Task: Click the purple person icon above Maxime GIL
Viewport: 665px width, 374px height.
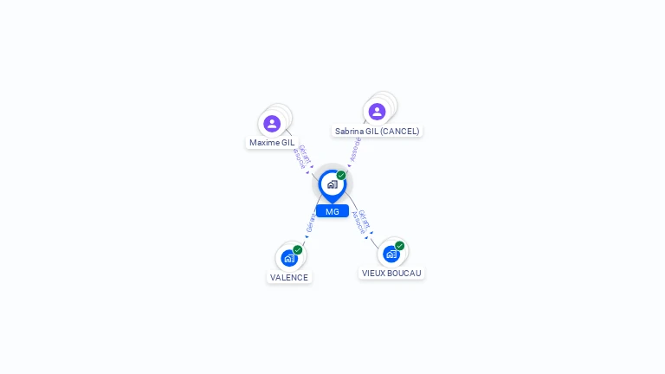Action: click(x=272, y=124)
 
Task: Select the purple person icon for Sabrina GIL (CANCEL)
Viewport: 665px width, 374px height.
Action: click(x=377, y=112)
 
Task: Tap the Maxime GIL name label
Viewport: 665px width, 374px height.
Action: click(x=272, y=143)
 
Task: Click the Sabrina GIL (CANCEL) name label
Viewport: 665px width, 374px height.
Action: click(x=377, y=132)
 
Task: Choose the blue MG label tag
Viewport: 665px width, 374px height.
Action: click(x=332, y=211)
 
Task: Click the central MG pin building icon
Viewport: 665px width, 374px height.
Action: click(x=332, y=184)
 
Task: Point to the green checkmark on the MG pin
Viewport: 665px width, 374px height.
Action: click(x=341, y=176)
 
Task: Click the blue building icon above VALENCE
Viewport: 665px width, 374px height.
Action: click(x=288, y=258)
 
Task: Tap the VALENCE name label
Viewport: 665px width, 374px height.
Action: click(x=288, y=278)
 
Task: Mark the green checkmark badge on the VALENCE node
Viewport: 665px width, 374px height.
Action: click(x=298, y=250)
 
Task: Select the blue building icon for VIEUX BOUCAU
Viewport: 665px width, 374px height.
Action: click(x=391, y=254)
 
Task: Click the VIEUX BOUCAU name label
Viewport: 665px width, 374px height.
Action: click(x=391, y=274)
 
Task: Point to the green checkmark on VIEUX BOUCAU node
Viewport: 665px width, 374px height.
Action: click(x=400, y=246)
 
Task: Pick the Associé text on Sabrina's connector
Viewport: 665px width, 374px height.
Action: click(x=356, y=149)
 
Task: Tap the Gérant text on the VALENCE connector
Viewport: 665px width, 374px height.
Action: click(x=310, y=223)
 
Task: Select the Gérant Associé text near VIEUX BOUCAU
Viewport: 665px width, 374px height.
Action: click(x=362, y=221)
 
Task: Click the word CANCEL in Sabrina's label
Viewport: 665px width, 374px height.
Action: click(x=399, y=132)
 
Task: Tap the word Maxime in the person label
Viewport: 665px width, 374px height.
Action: click(x=262, y=143)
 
